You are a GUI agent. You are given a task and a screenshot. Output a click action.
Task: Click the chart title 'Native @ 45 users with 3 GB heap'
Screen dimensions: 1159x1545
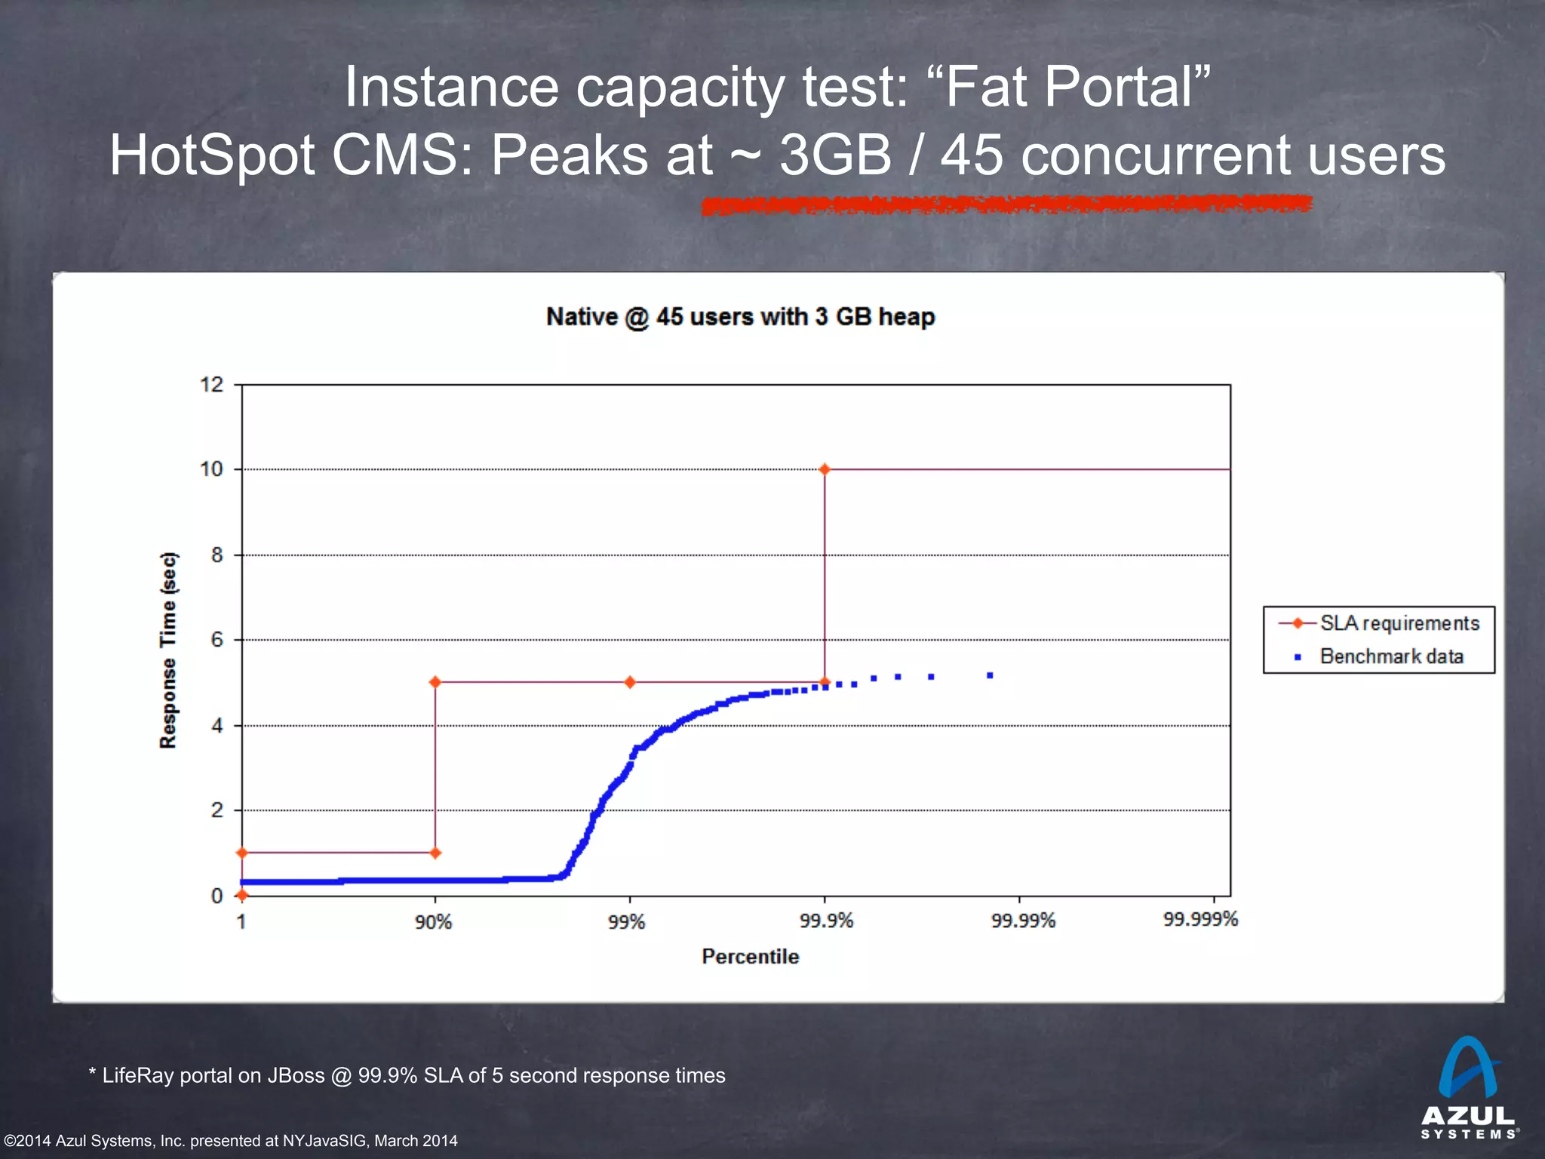click(740, 317)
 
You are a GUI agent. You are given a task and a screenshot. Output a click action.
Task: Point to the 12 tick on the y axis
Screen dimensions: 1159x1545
click(211, 385)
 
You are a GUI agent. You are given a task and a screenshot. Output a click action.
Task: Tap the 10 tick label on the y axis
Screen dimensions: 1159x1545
click(211, 469)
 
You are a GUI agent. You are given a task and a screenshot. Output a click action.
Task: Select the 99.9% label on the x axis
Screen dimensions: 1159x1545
click(826, 921)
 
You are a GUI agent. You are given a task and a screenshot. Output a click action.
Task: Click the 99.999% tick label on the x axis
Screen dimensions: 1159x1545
click(1200, 920)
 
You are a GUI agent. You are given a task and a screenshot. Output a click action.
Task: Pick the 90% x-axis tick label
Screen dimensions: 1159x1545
click(433, 922)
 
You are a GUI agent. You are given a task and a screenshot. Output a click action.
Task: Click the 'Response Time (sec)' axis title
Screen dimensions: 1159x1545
click(168, 650)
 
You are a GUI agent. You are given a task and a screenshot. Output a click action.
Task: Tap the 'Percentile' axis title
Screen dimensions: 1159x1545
click(750, 957)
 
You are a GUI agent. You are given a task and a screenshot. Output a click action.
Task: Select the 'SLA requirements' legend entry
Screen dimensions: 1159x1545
click(1399, 623)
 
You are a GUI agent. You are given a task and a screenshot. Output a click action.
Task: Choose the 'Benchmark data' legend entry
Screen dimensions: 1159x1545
click(1391, 656)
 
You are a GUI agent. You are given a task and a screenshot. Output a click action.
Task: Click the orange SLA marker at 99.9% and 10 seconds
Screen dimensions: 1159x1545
click(825, 469)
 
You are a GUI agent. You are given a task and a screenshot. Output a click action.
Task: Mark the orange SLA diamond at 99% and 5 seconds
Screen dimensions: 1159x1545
click(630, 682)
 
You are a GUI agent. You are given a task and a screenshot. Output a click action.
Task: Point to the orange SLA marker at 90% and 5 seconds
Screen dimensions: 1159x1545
click(435, 682)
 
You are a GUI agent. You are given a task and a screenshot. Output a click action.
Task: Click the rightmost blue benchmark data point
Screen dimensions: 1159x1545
click(990, 675)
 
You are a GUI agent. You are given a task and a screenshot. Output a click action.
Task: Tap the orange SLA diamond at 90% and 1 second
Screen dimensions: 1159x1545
click(435, 853)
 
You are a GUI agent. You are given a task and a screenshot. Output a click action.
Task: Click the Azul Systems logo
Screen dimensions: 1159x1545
click(1468, 1087)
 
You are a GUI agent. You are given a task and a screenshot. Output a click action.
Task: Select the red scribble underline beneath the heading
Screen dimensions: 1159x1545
click(1006, 204)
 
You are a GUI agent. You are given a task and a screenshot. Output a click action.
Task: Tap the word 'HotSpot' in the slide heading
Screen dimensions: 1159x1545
click(212, 155)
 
